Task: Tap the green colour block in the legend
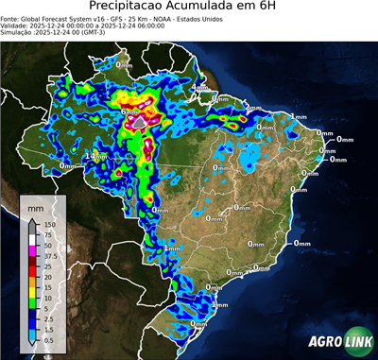click(35, 301)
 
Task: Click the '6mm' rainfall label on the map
click(129, 111)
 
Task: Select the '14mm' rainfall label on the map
click(93, 156)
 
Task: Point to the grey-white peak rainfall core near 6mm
click(139, 122)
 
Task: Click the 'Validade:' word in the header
click(16, 26)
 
